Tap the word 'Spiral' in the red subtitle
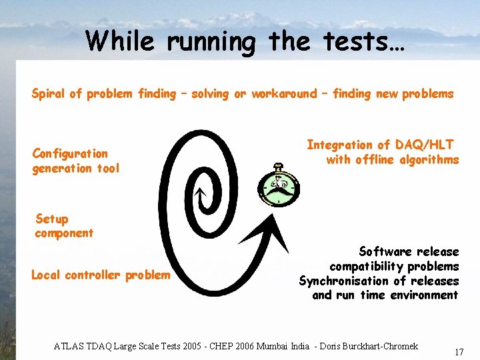point(49,94)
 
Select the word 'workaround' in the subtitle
point(284,94)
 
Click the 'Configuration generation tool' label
point(75,161)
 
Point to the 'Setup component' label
point(64,226)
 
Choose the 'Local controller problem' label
point(101,275)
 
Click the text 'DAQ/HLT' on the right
point(425,145)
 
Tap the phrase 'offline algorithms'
point(407,159)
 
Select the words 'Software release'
point(409,251)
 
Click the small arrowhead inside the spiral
point(199,194)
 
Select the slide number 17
point(459,351)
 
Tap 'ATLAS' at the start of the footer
point(68,346)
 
